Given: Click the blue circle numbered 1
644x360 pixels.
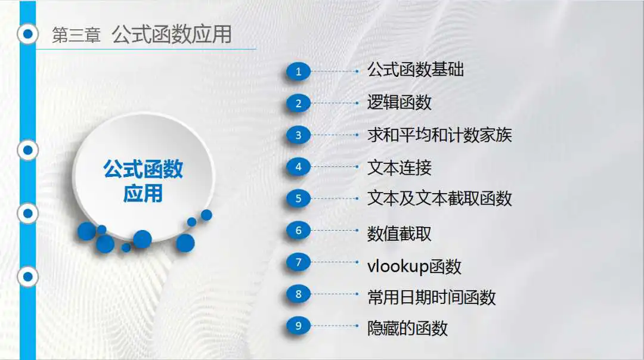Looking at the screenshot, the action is (x=299, y=72).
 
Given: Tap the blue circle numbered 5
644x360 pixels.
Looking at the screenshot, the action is (x=299, y=198).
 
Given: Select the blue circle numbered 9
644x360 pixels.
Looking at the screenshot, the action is (x=299, y=325).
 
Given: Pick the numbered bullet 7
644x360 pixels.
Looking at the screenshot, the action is (x=299, y=262).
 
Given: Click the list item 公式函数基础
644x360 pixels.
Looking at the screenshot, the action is (x=415, y=70).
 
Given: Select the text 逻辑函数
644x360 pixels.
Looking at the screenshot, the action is (x=399, y=102).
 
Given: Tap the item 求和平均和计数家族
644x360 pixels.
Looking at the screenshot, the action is (x=439, y=135).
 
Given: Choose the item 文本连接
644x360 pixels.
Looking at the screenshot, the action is (x=399, y=167).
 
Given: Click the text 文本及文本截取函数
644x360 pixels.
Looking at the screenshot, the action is (x=439, y=198).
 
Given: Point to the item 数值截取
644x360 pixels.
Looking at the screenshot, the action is (x=399, y=234).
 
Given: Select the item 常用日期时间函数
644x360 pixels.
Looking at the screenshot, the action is (x=431, y=297).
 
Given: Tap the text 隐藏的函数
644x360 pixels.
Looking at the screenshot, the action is (x=407, y=328).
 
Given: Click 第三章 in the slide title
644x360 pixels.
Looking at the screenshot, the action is (x=76, y=35).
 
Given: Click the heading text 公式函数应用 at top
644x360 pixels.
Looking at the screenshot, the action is (x=172, y=34).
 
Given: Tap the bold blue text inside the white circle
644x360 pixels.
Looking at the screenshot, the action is (x=143, y=181).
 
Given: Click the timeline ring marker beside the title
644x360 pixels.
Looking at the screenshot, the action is (x=28, y=34).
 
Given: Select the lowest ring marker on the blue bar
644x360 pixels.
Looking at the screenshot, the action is (x=28, y=277).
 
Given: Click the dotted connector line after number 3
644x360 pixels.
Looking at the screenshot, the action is (x=335, y=135).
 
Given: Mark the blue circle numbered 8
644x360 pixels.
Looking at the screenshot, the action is (x=299, y=294).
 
